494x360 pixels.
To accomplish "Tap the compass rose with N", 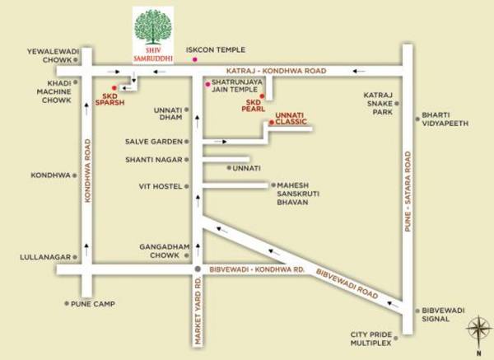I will pyautogui.click(x=478, y=333).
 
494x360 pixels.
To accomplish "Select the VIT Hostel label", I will pyautogui.click(x=160, y=186).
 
